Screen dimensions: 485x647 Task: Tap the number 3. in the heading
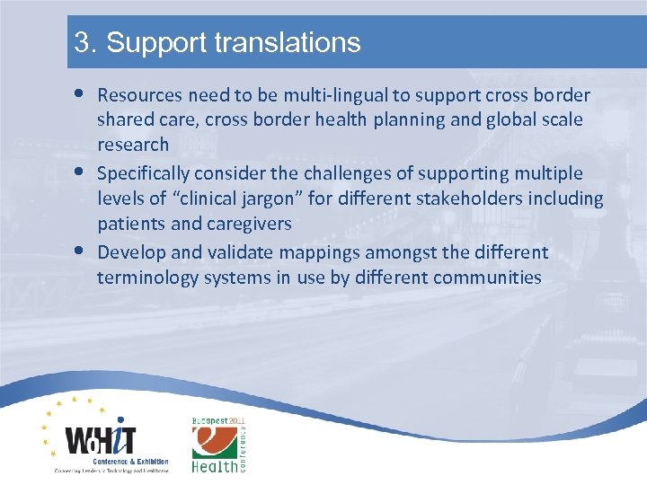(85, 42)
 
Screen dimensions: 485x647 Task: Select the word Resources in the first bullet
(139, 94)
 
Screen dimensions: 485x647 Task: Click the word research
(133, 145)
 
